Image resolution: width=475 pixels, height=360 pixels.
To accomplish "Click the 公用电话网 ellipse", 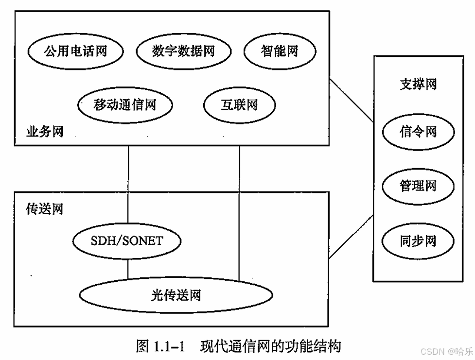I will pyautogui.click(x=75, y=51).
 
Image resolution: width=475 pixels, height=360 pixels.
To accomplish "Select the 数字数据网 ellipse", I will pyautogui.click(x=183, y=51).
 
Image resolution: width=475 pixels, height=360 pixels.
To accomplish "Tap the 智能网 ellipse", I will pyautogui.click(x=280, y=51).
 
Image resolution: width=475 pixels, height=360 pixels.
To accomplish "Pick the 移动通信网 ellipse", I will pyautogui.click(x=125, y=104).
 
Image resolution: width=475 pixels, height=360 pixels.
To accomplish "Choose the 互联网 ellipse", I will pyautogui.click(x=239, y=104).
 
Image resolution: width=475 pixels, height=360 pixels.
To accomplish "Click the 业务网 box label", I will pyautogui.click(x=45, y=132).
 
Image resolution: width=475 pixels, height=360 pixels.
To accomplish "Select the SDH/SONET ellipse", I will pyautogui.click(x=127, y=241).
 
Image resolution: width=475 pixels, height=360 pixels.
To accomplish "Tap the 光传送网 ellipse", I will pyautogui.click(x=176, y=294).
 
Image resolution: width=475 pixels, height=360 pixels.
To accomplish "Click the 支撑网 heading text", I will pyautogui.click(x=418, y=84).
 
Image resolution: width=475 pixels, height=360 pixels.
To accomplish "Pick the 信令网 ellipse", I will pyautogui.click(x=418, y=132).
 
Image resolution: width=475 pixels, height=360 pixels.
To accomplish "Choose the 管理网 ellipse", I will pyautogui.click(x=418, y=186).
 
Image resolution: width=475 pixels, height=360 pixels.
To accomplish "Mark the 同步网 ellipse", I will pyautogui.click(x=418, y=241).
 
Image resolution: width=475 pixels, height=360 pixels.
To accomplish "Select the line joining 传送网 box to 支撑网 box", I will pyautogui.click(x=352, y=237).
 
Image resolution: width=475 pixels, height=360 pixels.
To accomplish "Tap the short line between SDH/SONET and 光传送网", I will pyautogui.click(x=128, y=268).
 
